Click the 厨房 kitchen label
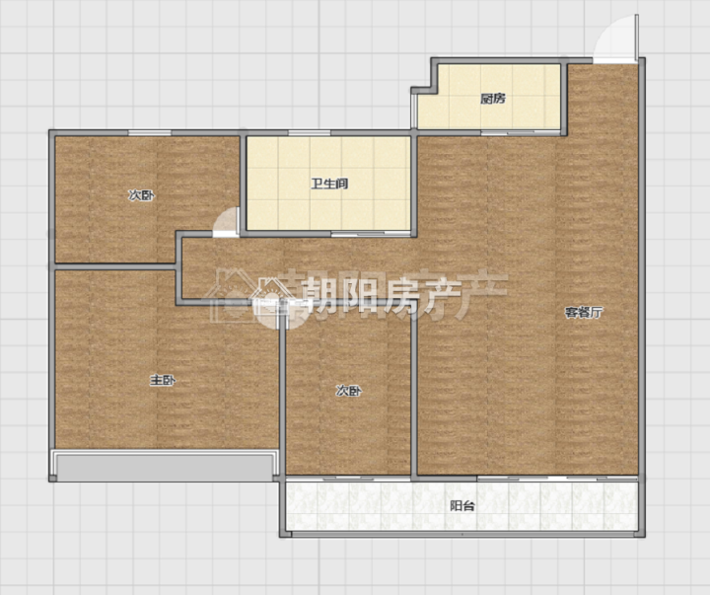pos(493,99)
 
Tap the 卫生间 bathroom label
pos(329,184)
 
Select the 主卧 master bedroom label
pos(163,381)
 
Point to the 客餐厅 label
pos(584,312)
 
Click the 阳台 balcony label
pos(462,506)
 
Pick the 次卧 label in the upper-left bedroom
pos(141,195)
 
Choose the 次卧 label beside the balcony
pos(349,391)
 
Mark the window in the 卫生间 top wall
pos(310,133)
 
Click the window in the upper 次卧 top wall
pos(150,133)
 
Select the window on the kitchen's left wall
pos(413,112)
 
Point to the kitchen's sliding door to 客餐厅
pos(521,133)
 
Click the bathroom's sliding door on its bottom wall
pos(371,234)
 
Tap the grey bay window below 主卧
pos(164,466)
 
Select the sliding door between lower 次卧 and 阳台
pos(348,479)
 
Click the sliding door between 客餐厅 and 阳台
pos(557,479)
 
